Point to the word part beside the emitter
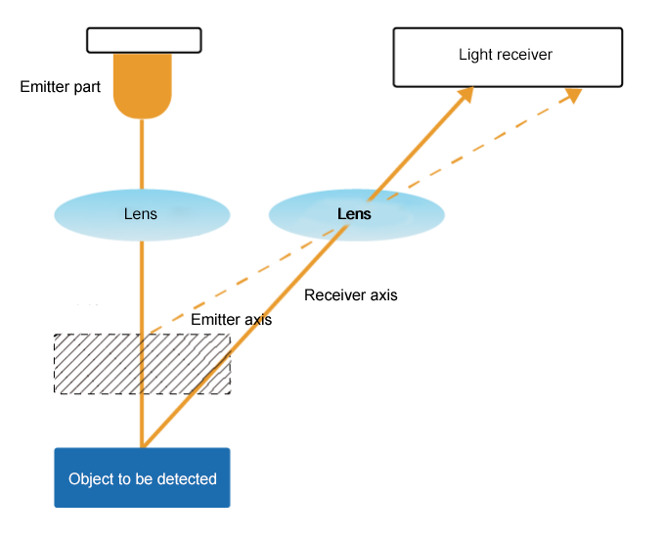[x=87, y=87]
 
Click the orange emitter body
[x=143, y=84]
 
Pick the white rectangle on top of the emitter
[x=144, y=40]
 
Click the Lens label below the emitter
[x=140, y=214]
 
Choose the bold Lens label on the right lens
[x=354, y=214]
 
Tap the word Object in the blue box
[x=91, y=479]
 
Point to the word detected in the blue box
[x=188, y=479]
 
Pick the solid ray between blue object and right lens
[x=244, y=342]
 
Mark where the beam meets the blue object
[x=144, y=446]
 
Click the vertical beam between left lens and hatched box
[x=144, y=284]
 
